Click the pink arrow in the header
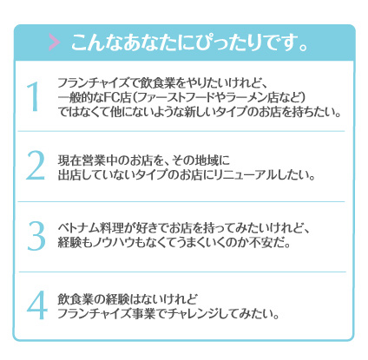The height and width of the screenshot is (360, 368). pos(55,43)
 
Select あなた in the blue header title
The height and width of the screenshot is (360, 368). pos(149,43)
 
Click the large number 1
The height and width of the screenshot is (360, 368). pos(33,96)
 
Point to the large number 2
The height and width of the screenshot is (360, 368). pos(36,166)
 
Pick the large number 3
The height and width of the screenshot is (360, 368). pos(36,236)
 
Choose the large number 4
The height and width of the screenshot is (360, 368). pos(36,305)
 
